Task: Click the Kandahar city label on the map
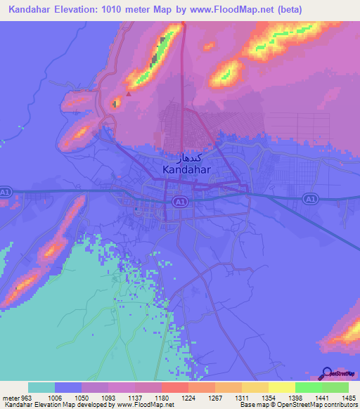(188, 169)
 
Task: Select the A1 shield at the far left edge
(6, 191)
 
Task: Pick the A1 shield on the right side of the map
(309, 200)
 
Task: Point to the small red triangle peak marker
(129, 93)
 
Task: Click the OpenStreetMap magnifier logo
(326, 374)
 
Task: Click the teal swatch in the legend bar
(41, 387)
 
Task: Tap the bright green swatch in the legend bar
(308, 387)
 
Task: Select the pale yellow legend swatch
(281, 387)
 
